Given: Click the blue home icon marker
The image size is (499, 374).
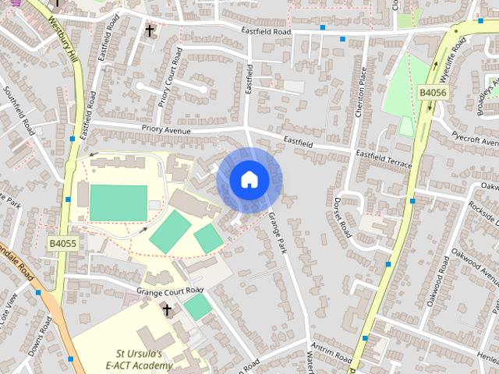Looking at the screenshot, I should click(249, 180).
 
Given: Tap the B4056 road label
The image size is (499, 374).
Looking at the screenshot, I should click(433, 93).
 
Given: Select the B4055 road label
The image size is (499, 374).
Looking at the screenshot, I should click(62, 243).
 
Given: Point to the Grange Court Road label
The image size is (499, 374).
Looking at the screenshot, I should click(169, 291).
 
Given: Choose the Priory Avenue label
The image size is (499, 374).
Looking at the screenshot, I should click(166, 131).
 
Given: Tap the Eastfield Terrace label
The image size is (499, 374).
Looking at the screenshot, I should click(383, 156).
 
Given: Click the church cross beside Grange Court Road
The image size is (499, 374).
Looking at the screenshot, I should click(167, 310).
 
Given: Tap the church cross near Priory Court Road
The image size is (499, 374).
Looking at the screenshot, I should click(150, 30).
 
